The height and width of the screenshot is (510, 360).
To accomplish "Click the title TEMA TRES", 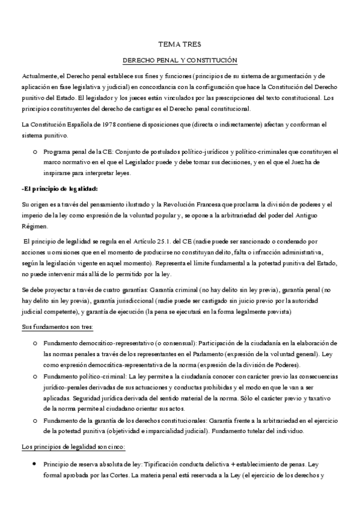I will (x=180, y=45).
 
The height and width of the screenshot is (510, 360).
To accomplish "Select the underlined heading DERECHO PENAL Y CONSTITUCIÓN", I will (x=180, y=61).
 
